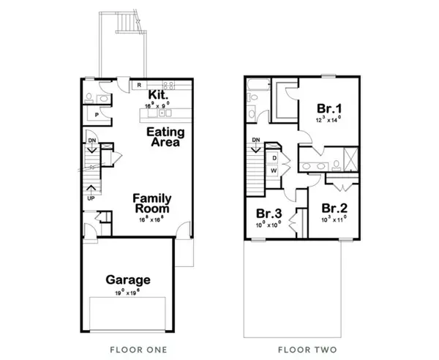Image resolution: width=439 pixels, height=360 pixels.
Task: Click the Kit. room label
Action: pos(159,96)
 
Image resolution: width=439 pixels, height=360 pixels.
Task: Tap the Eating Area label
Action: pos(165,137)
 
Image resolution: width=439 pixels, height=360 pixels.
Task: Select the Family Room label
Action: pos(151,203)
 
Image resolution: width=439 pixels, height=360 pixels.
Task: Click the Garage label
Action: pos(128,280)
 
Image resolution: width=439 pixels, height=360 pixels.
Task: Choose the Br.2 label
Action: pos(334,207)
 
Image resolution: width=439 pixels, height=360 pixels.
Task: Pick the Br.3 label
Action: pos(269,214)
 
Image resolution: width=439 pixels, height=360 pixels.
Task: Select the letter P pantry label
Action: pos(96,116)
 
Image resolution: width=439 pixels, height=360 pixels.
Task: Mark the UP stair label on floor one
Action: pos(91,198)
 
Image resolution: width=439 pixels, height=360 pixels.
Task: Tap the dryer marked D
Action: pos(274,157)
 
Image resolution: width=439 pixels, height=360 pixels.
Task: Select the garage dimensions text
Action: pos(128,291)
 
